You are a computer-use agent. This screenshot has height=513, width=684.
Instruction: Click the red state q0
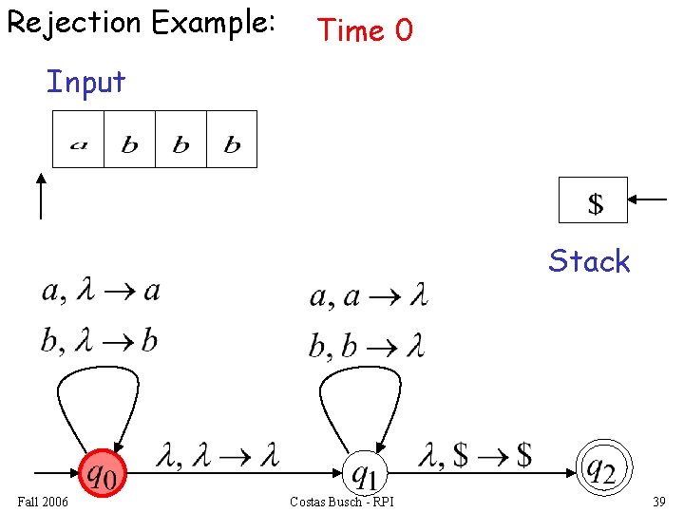(102, 472)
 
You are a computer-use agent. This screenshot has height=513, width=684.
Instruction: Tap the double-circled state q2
(602, 469)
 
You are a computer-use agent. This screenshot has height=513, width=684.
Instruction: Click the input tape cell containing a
(78, 139)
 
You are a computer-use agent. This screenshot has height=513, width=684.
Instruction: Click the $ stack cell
(594, 200)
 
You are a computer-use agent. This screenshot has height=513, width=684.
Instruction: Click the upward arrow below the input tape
(40, 197)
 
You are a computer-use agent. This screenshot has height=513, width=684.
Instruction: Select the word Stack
(589, 261)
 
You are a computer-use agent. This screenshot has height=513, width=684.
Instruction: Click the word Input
(85, 83)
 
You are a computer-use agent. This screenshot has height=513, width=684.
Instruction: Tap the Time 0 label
(366, 30)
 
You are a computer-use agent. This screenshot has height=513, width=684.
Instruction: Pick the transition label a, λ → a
(101, 291)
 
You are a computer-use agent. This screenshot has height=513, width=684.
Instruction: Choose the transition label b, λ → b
(99, 340)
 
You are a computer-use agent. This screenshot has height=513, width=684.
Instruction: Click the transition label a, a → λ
(369, 297)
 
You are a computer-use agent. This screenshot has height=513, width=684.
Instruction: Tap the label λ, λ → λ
(218, 456)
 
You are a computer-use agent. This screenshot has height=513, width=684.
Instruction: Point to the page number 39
(659, 502)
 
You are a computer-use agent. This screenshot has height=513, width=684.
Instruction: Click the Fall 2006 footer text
(43, 502)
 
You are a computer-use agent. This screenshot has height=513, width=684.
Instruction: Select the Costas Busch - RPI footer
(342, 502)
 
